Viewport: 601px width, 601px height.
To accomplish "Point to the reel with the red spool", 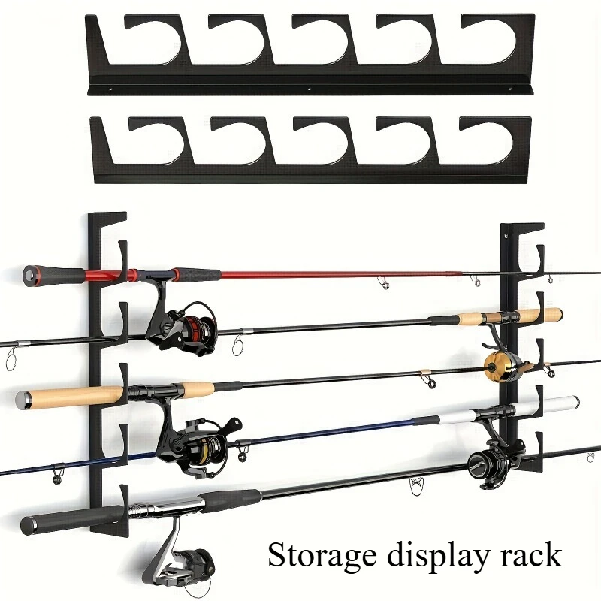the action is coord(180,324).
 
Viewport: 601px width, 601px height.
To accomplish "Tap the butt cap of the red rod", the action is coord(31,274).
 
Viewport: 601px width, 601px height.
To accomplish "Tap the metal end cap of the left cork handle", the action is coord(23,400).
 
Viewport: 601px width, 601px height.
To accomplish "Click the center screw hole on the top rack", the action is coord(310,89).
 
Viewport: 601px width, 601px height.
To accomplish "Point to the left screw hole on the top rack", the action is coord(110,89).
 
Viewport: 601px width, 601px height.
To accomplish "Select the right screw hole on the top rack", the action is coord(510,89).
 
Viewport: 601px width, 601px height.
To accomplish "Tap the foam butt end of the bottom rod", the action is coord(29,525).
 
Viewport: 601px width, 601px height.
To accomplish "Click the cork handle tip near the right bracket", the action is coord(557,314).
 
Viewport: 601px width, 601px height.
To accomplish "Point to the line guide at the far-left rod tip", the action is coord(11,358).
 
